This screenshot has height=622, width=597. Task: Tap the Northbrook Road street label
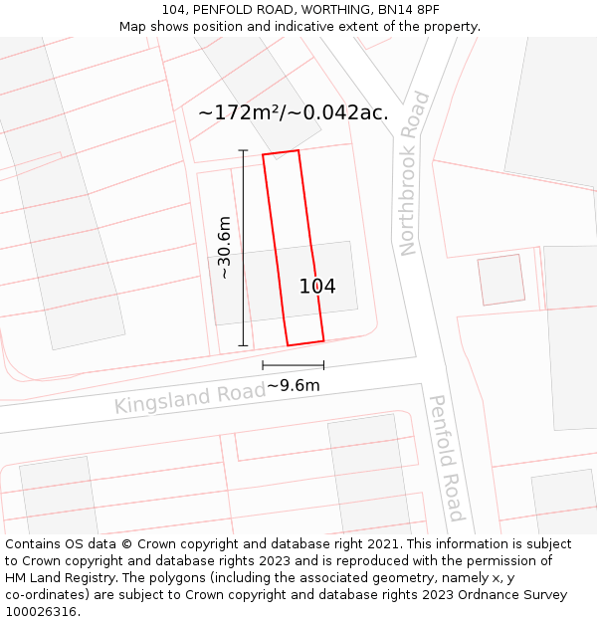tap(415, 174)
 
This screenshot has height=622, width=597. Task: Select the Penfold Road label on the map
tap(446, 458)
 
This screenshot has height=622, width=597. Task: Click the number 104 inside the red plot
tap(317, 287)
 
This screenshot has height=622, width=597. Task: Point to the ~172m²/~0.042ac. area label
tap(293, 112)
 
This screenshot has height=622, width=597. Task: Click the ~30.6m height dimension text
tap(225, 247)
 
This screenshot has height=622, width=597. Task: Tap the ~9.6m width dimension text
tap(294, 385)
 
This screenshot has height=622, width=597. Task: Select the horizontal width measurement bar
tap(294, 366)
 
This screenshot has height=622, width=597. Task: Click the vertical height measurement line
tap(244, 248)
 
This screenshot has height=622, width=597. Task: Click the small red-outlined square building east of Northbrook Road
tap(501, 280)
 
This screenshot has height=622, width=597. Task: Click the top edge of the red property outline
tap(281, 153)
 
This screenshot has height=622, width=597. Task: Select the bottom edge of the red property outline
tap(305, 343)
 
